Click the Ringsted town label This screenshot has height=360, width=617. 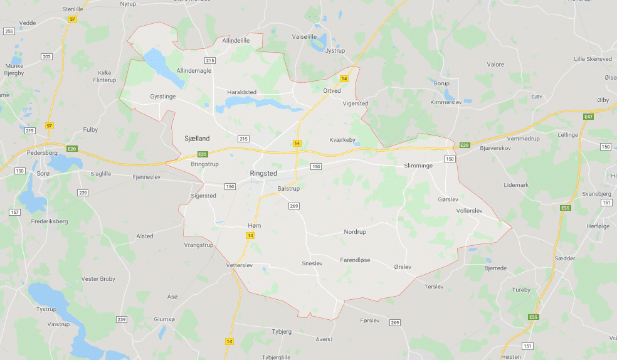[263, 172]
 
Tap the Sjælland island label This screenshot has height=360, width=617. [197, 138]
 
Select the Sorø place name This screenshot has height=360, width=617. [43, 172]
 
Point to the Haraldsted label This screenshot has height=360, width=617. [241, 92]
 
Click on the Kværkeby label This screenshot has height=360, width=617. [343, 140]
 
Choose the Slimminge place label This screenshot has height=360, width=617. [419, 166]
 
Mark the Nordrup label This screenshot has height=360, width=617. [355, 232]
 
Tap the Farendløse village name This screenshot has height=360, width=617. [355, 260]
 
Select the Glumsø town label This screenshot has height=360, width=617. [164, 319]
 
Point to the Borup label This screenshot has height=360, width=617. [441, 83]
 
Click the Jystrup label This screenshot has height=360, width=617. [335, 51]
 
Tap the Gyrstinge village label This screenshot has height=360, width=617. [163, 97]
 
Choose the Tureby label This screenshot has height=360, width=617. [521, 290]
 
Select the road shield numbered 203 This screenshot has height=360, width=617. [46, 57]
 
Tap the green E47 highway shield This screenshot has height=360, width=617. [588, 117]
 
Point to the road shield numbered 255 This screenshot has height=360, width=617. [9, 31]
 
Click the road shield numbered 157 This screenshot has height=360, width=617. [14, 213]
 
